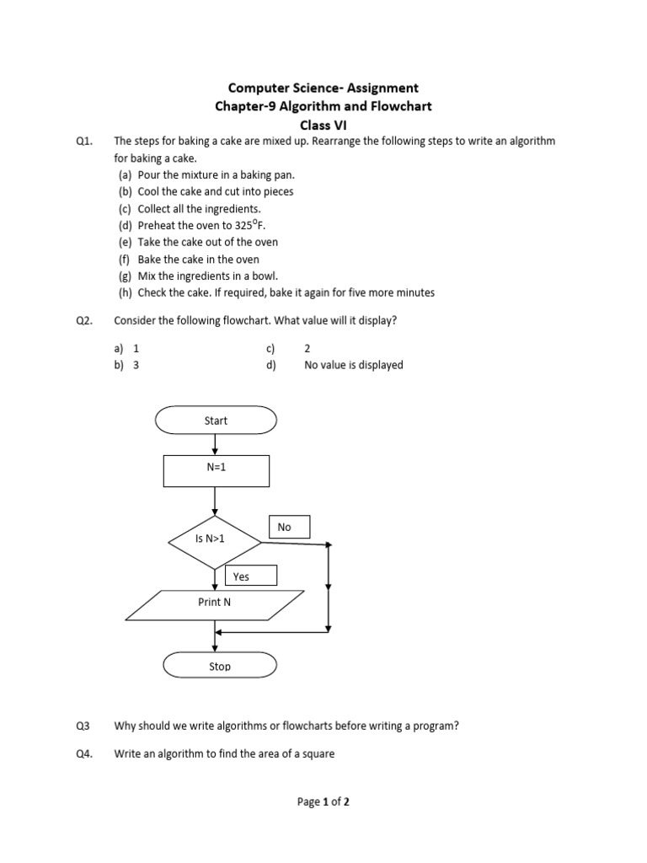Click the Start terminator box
point(216,421)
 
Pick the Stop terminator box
point(219,666)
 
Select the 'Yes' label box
point(250,576)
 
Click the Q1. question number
point(83,142)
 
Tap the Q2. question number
point(83,320)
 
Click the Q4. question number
point(83,753)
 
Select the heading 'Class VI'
point(323,124)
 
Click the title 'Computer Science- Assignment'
point(323,88)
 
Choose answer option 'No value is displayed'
point(353,365)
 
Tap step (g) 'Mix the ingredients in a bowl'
point(207,276)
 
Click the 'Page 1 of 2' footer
point(323,802)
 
